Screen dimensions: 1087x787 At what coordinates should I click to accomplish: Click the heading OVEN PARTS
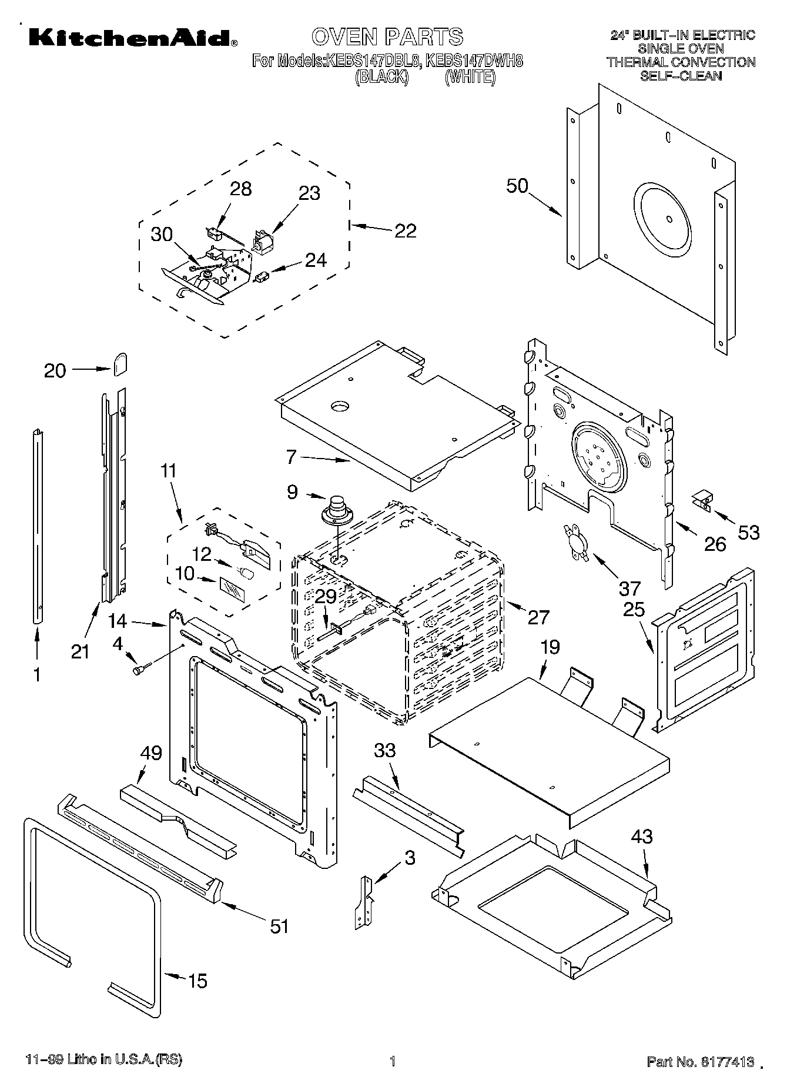387,36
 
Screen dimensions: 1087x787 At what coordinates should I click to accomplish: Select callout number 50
517,186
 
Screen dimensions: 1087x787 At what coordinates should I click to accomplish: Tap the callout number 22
405,230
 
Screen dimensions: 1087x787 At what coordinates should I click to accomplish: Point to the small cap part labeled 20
120,364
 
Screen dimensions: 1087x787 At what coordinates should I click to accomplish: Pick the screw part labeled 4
142,668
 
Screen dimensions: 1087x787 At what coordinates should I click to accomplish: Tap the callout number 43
641,836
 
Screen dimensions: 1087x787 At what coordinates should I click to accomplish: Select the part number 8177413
726,1061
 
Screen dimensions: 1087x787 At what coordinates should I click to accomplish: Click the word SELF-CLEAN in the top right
681,76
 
